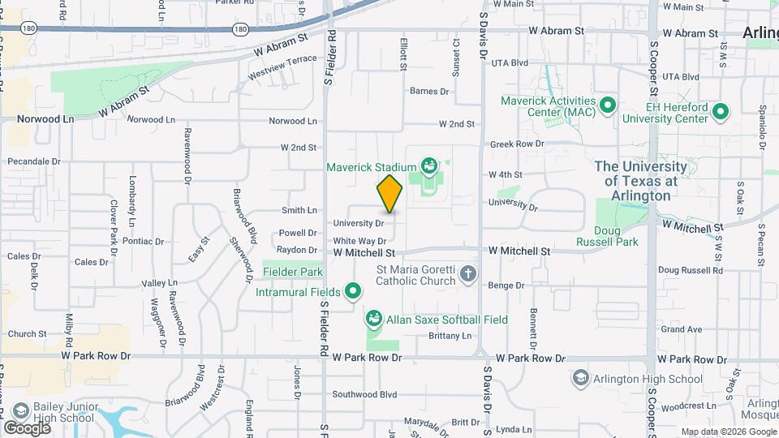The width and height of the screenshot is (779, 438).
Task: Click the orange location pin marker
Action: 389,194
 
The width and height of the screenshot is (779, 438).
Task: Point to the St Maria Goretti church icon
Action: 467,274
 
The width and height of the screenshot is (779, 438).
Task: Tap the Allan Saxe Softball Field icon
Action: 374,320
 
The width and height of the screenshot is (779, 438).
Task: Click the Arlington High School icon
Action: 581,379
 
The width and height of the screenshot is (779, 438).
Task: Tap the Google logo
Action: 27,427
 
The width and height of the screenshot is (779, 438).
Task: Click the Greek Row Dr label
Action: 516,144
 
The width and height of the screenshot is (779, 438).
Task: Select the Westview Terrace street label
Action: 282,60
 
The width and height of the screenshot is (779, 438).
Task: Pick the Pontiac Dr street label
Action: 144,241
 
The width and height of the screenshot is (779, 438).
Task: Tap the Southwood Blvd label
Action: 365,395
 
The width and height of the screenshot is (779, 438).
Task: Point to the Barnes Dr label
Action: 430,91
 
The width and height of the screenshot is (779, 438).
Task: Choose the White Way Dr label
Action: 359,241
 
